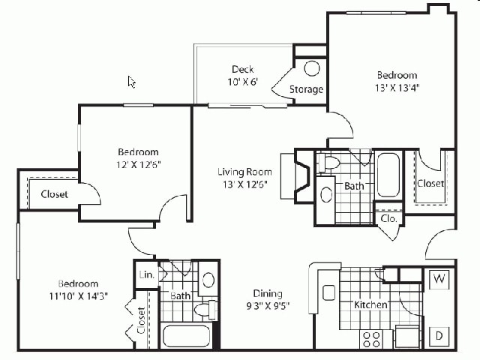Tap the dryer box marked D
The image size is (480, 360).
pos(438,335)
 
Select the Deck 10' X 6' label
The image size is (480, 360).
pos(243,76)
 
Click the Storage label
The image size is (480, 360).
pos(307,89)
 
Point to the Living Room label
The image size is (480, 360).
pos(244,177)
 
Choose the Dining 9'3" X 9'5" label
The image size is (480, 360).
pos(267,300)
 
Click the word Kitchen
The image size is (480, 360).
pos(370,304)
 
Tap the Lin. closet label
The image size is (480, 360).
pos(147,275)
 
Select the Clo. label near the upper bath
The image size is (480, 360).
pos(388,219)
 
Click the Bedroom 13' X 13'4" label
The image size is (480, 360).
pos(397,80)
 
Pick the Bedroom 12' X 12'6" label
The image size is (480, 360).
pos(138,157)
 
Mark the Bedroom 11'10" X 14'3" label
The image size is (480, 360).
pos(78,289)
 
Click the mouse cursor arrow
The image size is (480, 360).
pos(131,81)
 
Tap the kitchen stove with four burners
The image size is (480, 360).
pos(371,339)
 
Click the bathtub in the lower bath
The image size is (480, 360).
pos(186,334)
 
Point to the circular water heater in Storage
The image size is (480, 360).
pos(312,68)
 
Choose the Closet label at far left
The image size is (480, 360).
pos(54,194)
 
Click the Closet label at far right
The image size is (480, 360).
pos(430,183)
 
